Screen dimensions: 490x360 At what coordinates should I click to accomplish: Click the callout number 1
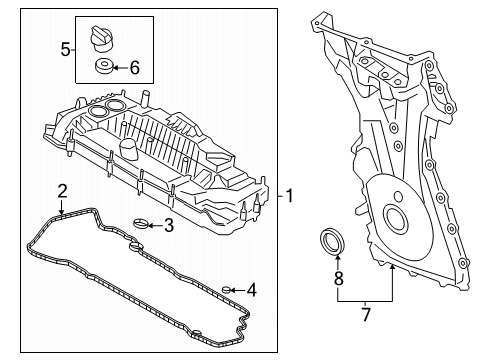(x=289, y=196)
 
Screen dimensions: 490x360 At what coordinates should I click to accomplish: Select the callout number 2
(x=62, y=191)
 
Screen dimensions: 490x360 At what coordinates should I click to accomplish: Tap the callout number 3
(x=169, y=225)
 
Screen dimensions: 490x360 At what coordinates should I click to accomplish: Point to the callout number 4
(x=252, y=290)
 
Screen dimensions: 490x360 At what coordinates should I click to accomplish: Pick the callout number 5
(x=65, y=50)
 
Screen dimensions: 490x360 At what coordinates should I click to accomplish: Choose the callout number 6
(x=134, y=68)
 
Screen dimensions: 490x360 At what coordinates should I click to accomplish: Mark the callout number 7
(x=366, y=314)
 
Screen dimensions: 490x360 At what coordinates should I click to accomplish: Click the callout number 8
(x=339, y=278)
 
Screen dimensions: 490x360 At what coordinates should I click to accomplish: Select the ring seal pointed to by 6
(x=103, y=66)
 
